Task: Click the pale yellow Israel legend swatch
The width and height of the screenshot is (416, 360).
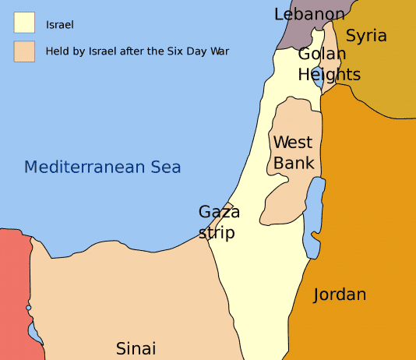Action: tap(24, 23)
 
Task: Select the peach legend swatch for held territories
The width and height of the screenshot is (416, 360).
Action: tap(24, 51)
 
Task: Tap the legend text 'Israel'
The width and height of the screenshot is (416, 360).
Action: tap(59, 24)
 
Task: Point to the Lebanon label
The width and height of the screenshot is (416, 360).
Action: tap(309, 14)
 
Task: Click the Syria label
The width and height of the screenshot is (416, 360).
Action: tap(366, 35)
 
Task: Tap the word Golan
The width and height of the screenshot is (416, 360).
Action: tap(322, 55)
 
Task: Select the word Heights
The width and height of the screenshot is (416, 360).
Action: tap(330, 75)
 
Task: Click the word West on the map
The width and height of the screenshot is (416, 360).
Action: tap(293, 143)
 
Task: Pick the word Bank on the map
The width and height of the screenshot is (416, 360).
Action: tap(294, 163)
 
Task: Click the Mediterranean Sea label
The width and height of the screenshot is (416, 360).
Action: tap(102, 167)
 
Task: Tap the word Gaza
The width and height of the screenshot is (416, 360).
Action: tap(219, 212)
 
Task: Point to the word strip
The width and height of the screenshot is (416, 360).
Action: tap(217, 232)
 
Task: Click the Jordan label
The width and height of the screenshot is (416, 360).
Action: tap(340, 295)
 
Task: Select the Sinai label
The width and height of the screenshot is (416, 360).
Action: tap(136, 348)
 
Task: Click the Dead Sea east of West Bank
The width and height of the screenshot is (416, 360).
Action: tap(313, 218)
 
